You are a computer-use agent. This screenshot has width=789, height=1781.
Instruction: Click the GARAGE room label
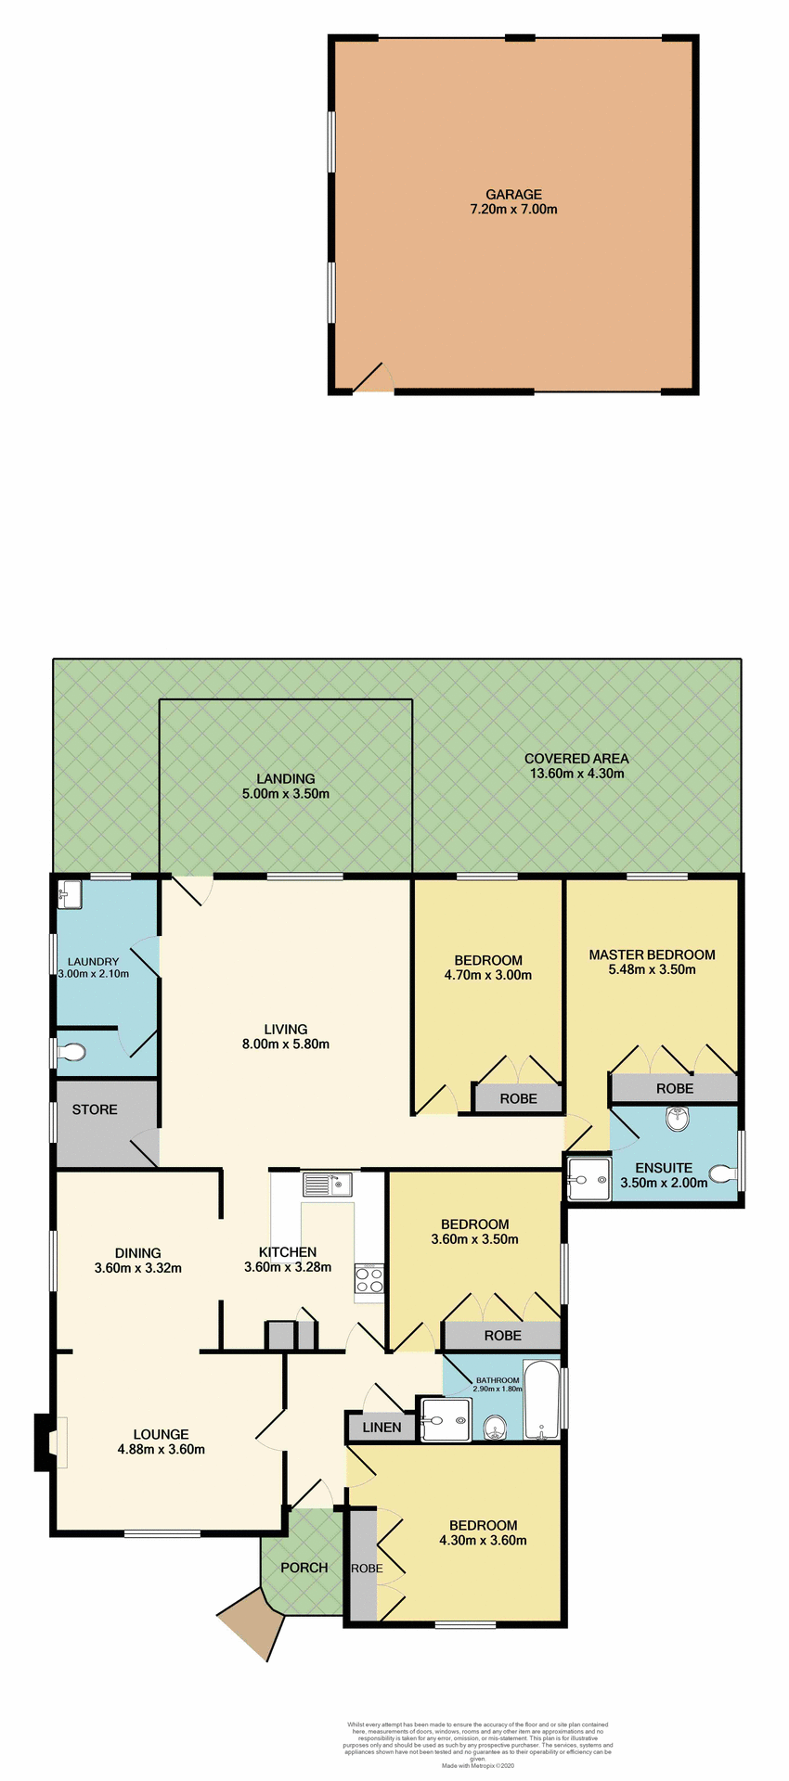coord(513,195)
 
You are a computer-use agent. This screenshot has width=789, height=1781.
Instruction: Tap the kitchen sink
coord(325,1185)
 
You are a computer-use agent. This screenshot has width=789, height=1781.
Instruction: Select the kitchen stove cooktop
coord(369,1279)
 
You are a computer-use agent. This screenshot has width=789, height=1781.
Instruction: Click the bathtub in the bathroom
coord(541,1400)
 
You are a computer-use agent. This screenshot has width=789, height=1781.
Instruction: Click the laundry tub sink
coord(70,896)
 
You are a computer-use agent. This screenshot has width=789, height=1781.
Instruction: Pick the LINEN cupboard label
coord(382,1427)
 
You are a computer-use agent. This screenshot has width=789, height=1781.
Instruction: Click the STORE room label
coord(95,1109)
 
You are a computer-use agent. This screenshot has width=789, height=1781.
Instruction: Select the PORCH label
coord(304,1568)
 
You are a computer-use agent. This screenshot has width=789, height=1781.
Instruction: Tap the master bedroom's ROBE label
coord(674,1088)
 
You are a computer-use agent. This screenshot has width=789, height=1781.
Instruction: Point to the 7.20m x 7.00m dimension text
coord(513,210)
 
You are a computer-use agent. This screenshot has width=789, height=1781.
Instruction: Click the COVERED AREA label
coord(576,758)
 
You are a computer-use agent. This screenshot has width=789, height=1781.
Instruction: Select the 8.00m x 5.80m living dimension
coord(285,1044)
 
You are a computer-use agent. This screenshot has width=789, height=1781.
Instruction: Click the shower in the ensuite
coord(589,1179)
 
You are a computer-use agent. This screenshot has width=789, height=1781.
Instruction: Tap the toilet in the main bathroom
coord(494,1426)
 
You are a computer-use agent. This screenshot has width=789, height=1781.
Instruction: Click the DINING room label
coord(137,1253)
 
